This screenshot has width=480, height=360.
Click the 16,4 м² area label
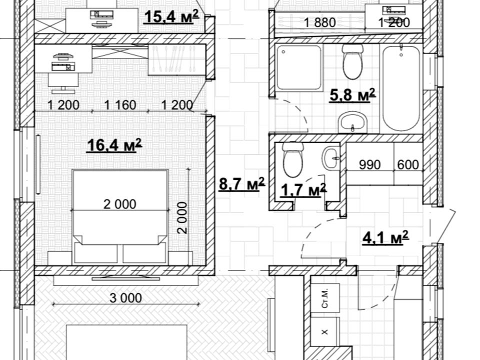[114, 145]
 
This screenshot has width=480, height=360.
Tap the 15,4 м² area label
[171, 16]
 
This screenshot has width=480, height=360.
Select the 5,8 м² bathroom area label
[352, 94]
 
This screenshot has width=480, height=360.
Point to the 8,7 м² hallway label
[242, 184]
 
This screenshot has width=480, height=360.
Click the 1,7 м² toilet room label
[303, 190]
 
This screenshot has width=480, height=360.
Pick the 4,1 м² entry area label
[385, 237]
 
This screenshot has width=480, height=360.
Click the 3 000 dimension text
[125, 298]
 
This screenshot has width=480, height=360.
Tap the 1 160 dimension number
[120, 105]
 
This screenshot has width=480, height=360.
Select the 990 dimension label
[370, 164]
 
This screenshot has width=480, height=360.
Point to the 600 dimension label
[408, 164]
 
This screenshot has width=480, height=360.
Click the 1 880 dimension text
[320, 22]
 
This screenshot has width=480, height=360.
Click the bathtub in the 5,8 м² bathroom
[401, 88]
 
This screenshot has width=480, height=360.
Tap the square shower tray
[299, 67]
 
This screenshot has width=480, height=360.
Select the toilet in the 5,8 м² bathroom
[352, 61]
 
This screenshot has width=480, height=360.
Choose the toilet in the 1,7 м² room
[292, 159]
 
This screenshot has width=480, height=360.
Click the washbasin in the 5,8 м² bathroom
[352, 122]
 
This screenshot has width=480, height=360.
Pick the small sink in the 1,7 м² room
[331, 158]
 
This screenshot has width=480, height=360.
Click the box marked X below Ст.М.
[325, 331]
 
